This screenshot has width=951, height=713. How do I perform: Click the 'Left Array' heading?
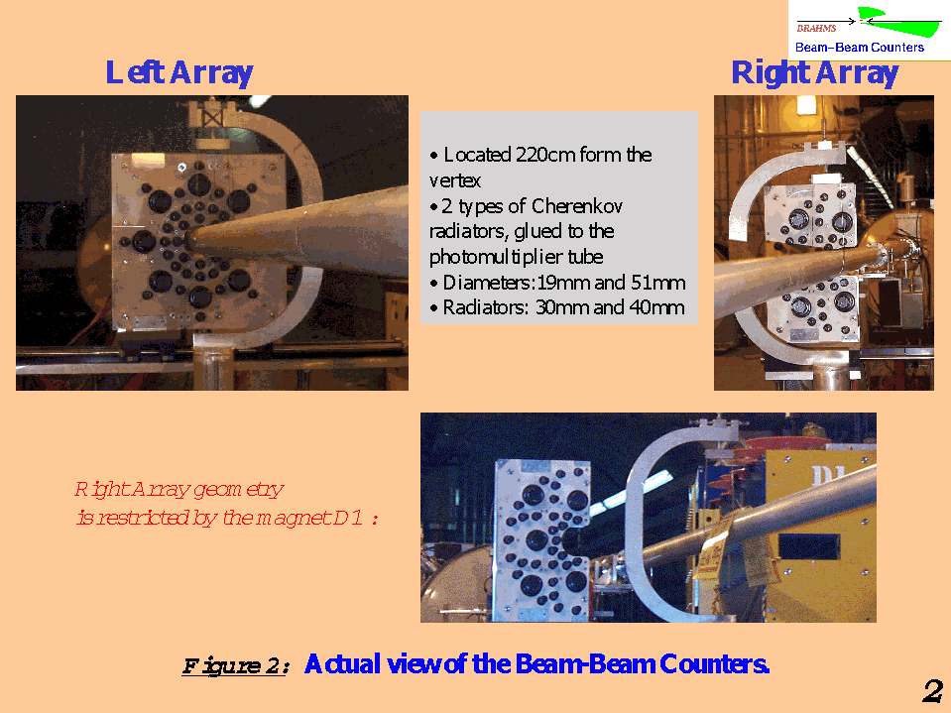(x=179, y=73)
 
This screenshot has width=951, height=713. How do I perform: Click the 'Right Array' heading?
(x=814, y=73)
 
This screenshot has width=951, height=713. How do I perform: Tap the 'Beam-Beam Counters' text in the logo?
(x=860, y=48)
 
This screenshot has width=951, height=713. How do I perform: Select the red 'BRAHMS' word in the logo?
(x=816, y=29)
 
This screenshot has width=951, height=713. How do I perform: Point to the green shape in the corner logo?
(x=897, y=24)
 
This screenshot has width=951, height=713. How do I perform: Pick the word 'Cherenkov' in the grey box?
(x=577, y=206)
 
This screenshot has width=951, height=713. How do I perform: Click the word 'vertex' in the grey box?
(x=455, y=180)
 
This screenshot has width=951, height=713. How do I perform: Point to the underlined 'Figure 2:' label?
(x=236, y=665)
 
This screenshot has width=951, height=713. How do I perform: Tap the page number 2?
(x=933, y=691)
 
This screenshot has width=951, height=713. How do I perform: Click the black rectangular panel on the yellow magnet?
(x=809, y=546)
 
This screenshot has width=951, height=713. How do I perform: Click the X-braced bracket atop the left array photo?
(x=211, y=115)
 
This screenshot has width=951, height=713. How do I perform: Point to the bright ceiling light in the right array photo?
(x=806, y=105)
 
